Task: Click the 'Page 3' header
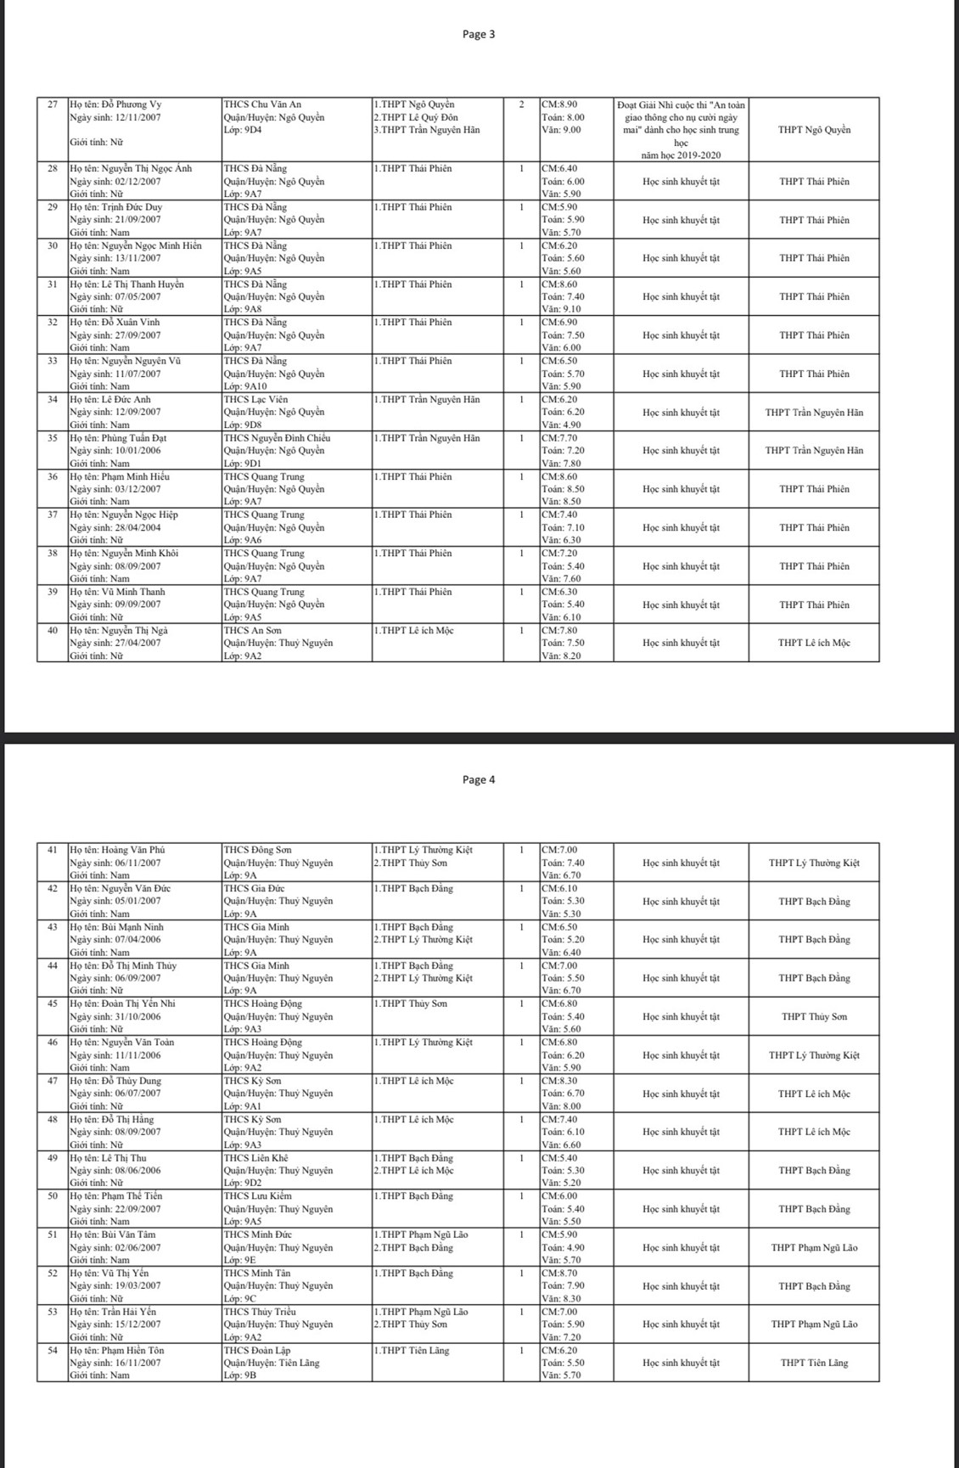[x=479, y=34]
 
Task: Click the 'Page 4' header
[x=479, y=779]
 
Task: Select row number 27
[x=53, y=104]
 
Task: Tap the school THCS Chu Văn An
[x=262, y=104]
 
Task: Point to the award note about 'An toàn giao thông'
[x=681, y=130]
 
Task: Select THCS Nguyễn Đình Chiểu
[x=277, y=438]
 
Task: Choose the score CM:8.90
[x=559, y=104]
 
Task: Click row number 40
[x=53, y=630]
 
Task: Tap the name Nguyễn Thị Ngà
[x=131, y=630]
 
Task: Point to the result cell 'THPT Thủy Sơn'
[x=814, y=1016]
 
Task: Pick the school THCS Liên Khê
[x=255, y=1158]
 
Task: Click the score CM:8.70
[x=559, y=1274]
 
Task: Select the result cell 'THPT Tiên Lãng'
[x=814, y=1363]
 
